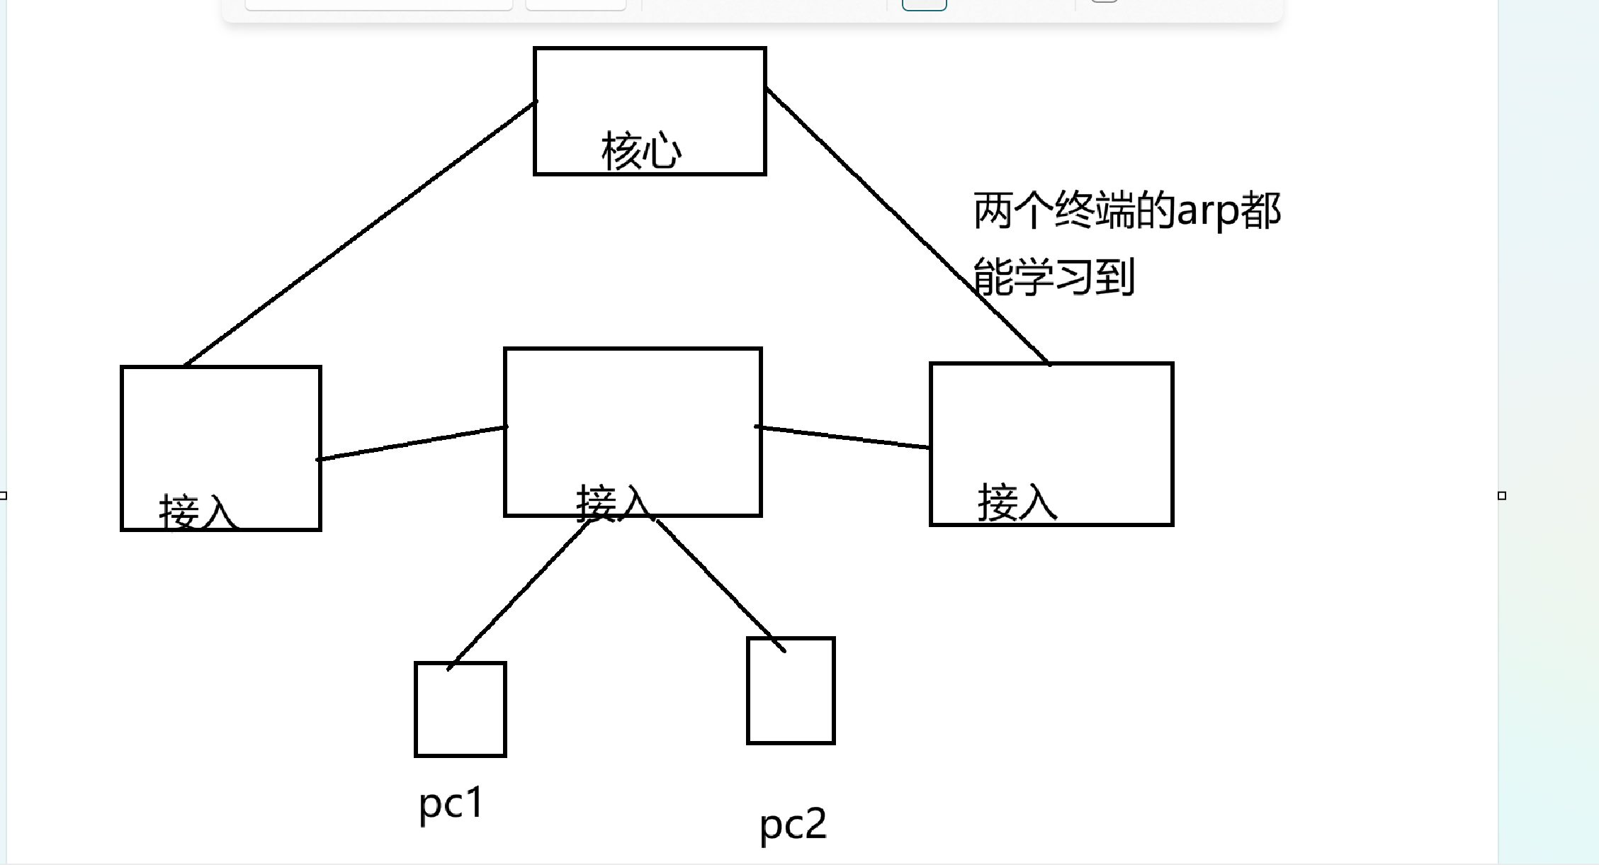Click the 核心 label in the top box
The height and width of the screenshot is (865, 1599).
(x=641, y=151)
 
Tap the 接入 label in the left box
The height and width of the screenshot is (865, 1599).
(x=197, y=511)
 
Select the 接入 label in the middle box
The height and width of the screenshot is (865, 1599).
(x=614, y=503)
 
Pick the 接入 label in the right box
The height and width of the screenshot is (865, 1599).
(x=1017, y=502)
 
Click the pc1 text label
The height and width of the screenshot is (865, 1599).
(x=451, y=804)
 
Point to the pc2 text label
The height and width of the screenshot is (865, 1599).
(x=793, y=825)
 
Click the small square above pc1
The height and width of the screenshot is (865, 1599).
(x=461, y=710)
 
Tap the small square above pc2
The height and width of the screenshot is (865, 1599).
(x=791, y=691)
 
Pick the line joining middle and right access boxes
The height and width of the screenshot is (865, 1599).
(x=843, y=437)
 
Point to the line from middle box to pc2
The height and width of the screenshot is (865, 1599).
(x=721, y=585)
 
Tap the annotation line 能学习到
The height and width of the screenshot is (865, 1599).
(x=1054, y=276)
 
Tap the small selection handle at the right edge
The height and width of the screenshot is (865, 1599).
(x=1502, y=496)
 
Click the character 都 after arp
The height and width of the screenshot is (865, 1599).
(x=1261, y=211)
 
